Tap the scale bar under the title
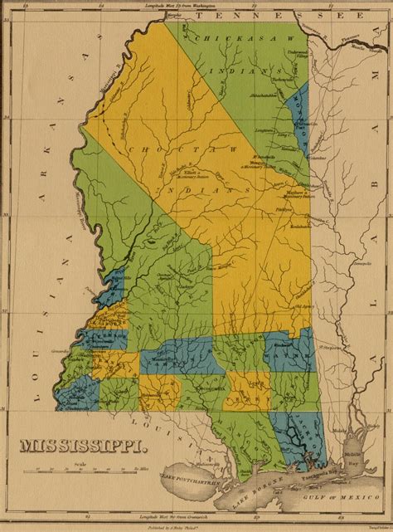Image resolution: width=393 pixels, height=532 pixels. click(80, 471)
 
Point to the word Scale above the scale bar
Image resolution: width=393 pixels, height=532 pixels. click(79, 463)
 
